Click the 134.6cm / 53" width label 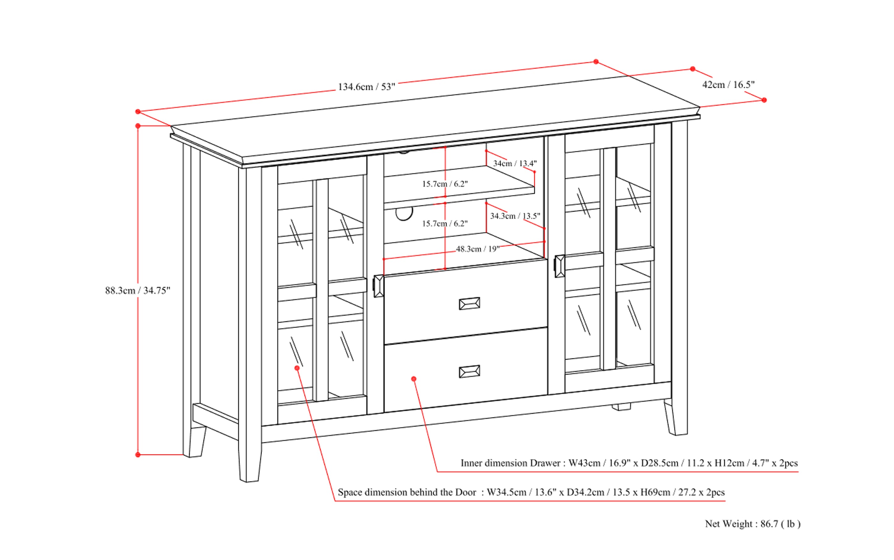coord(366,87)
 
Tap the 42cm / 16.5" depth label coord(728,85)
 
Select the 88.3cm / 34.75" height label coord(137,291)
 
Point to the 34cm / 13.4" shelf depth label coord(515,163)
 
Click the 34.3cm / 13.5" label coord(515,216)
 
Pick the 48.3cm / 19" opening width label coord(477,249)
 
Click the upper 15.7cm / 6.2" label coord(445,184)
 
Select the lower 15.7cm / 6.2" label coord(445,224)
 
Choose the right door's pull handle coord(559,266)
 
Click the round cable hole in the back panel coord(404,214)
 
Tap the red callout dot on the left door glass coord(297,368)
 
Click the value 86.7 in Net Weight coord(769,524)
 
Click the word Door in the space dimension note coord(466,493)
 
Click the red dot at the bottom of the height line coord(138,455)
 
